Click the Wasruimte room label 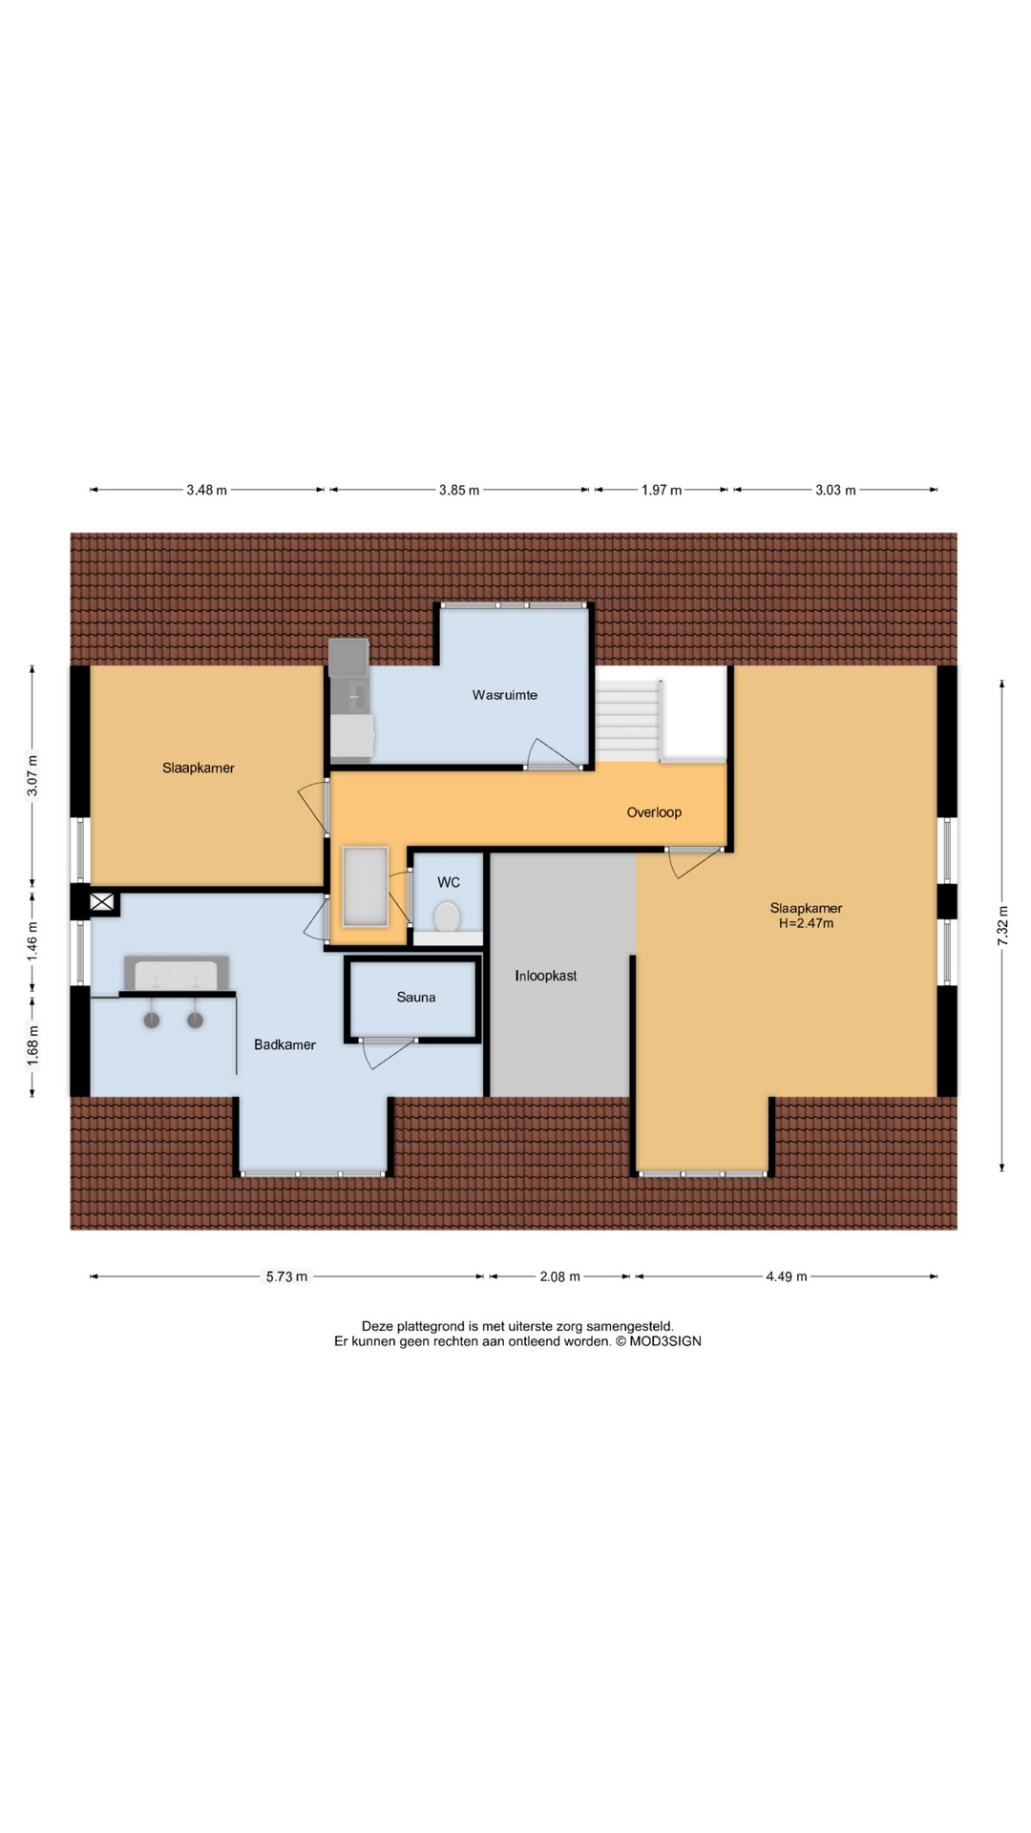coord(504,695)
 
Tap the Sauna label coord(416,997)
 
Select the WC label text coord(449,882)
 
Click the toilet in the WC coord(447,917)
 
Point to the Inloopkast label coord(546,976)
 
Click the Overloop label coord(654,812)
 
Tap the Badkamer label coord(284,1044)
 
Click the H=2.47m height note coord(807,923)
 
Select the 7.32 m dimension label coord(1002,925)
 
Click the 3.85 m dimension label coord(459,490)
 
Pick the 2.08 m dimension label coord(559,1276)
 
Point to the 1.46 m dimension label coord(32,940)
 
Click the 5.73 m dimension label coord(286,1276)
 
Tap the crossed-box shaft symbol coord(102,901)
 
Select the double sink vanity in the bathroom coord(177,975)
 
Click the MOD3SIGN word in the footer coord(665,1341)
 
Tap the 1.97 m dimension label coord(662,490)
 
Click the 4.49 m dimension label coord(787,1276)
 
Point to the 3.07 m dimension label coord(32,775)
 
